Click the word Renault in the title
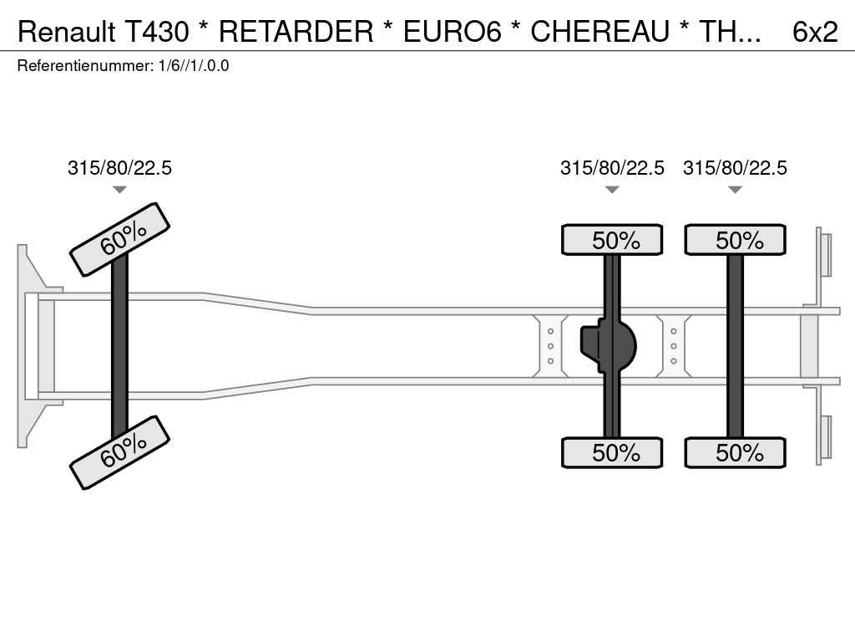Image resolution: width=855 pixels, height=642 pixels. point(66,32)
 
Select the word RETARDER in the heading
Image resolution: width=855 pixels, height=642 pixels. point(296,32)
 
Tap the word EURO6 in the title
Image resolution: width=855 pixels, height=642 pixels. point(452,32)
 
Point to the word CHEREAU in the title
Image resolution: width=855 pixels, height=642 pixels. point(600,32)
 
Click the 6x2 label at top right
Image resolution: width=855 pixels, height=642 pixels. point(815,32)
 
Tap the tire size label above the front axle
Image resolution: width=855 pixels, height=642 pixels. point(119,167)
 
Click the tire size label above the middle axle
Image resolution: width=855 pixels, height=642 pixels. point(612,167)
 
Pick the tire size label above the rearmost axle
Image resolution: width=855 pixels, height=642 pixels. point(735,167)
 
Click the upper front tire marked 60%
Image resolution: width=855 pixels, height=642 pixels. point(120,240)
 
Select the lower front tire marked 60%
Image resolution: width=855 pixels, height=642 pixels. point(120,452)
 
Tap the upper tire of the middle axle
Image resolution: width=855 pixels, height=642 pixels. point(612,240)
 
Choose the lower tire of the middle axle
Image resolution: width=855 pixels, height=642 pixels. point(612,452)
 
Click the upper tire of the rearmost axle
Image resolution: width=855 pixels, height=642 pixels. point(735,240)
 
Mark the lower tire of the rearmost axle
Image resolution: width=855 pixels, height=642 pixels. point(735,452)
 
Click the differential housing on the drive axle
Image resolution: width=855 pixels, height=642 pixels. point(608,346)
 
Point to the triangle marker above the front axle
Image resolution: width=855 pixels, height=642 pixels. point(119,190)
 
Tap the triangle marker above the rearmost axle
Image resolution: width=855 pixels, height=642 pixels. point(735,190)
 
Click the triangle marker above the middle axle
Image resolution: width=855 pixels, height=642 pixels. point(612,190)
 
